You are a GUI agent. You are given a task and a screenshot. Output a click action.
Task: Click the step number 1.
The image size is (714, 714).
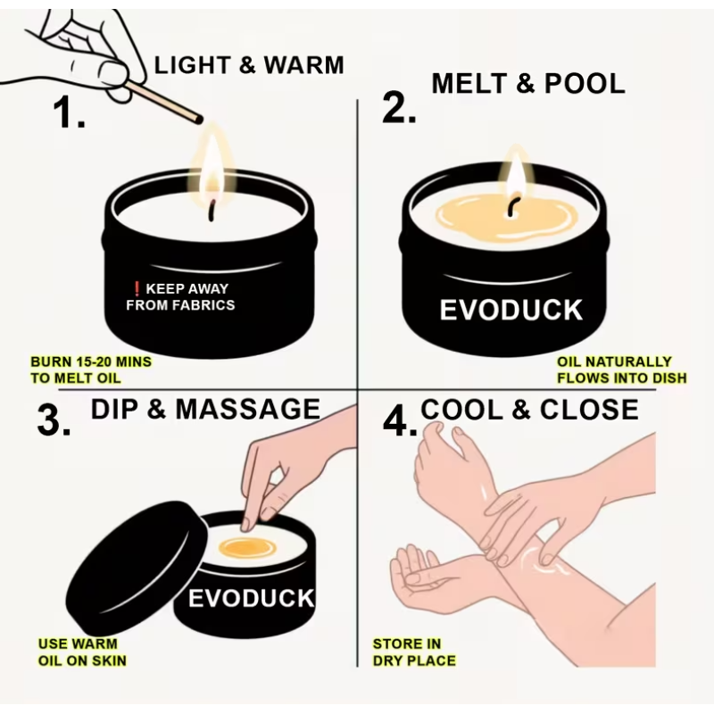coord(70,112)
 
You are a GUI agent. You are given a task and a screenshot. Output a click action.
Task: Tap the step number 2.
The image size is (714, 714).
coord(399,107)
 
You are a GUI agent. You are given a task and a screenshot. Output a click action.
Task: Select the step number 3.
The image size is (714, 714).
coord(54,420)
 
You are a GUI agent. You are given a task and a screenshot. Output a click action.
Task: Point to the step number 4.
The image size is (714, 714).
coord(399,421)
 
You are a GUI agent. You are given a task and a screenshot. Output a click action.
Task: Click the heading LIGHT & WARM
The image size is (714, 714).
coord(249,65)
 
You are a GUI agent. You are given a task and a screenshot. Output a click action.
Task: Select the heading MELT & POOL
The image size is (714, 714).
coord(528,84)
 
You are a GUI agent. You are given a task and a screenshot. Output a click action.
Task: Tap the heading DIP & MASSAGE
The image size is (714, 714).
coord(206,409)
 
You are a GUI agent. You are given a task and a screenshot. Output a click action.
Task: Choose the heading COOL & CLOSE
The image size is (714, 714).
coord(529,410)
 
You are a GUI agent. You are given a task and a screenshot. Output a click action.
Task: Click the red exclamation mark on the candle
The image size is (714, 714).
coord(137,288)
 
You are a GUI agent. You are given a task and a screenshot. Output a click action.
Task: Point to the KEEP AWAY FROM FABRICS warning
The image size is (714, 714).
coord(181,296)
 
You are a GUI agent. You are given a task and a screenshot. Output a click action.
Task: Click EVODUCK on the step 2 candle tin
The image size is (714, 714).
coord(511,310)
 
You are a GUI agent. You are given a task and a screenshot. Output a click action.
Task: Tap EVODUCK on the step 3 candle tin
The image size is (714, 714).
coord(252,598)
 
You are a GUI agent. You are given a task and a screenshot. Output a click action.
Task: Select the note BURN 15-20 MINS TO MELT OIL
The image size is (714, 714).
coord(91,369)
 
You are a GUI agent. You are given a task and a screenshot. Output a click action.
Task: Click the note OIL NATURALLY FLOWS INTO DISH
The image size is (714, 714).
coord(621,369)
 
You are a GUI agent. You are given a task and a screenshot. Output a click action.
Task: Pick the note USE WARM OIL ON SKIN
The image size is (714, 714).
coord(82,652)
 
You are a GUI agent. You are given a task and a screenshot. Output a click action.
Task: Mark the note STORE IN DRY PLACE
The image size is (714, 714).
coord(414,652)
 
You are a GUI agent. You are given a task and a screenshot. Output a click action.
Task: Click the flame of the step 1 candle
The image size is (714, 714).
coord(212,169)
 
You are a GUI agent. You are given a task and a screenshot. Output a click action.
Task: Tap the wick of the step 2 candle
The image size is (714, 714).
coord(512,206)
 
